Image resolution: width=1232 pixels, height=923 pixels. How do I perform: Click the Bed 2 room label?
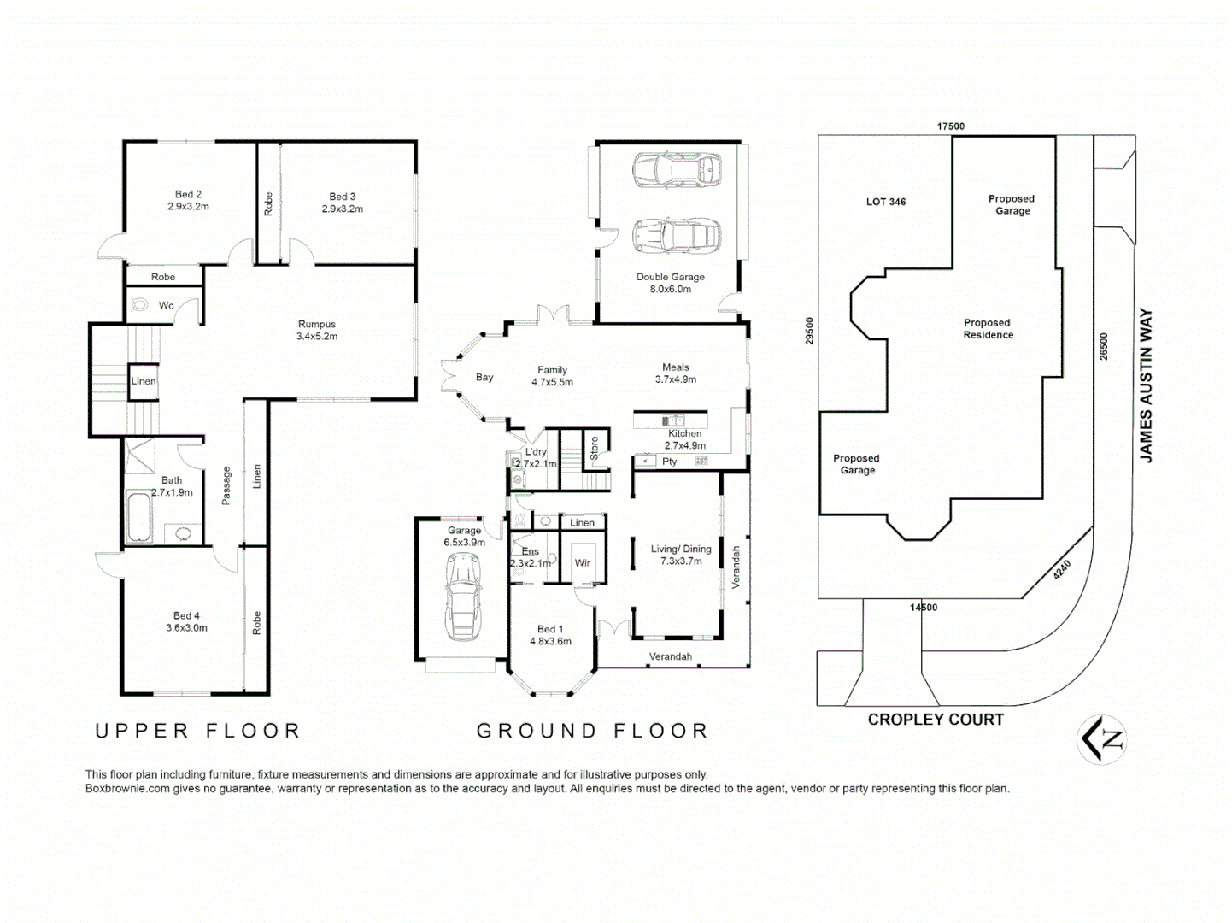coord(188,201)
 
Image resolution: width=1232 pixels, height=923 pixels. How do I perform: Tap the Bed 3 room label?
coord(342,203)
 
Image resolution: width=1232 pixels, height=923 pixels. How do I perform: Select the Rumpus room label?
coord(317,330)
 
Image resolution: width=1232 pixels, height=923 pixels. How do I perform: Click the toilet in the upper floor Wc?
coord(139,304)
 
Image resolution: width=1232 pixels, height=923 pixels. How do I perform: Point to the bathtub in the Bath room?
coord(139,517)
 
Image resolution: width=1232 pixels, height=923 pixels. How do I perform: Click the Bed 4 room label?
coord(186,621)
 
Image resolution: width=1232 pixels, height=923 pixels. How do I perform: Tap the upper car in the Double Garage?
coord(676,170)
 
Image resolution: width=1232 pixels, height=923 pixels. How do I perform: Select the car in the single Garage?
coord(462,596)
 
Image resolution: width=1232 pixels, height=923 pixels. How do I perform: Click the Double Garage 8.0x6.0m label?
coord(671,283)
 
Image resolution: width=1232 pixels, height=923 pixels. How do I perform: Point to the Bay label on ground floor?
coord(484,378)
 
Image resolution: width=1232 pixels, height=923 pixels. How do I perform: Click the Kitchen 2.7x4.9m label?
coord(685,439)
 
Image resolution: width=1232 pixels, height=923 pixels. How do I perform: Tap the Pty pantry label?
coord(670,461)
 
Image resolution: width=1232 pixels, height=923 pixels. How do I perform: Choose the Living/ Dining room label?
coord(681,555)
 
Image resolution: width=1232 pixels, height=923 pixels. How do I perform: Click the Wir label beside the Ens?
coord(583,563)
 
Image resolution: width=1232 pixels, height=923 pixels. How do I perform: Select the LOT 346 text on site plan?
coord(886,202)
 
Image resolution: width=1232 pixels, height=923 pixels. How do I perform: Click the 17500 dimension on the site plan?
coord(951,126)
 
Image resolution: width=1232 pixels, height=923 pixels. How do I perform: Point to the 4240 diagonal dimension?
coord(1061,570)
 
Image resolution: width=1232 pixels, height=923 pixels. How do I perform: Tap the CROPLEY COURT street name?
coord(936,720)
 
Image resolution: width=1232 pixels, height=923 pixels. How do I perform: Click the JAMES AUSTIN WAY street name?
coord(1147,385)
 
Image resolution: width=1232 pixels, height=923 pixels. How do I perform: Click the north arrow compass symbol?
coord(1102,739)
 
